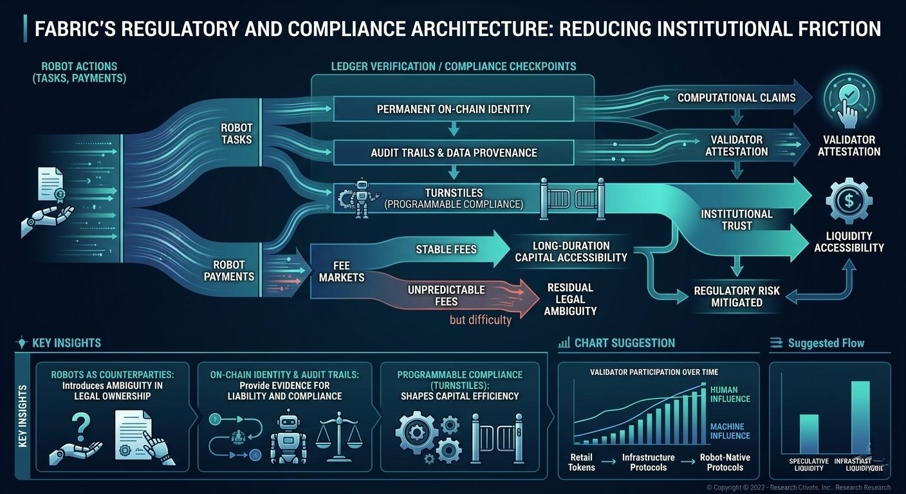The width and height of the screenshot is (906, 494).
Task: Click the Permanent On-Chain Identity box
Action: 453,109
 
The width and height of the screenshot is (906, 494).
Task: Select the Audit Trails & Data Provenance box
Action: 453,153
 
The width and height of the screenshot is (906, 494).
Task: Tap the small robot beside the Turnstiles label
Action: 362,198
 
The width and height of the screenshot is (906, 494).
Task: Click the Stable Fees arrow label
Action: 446,249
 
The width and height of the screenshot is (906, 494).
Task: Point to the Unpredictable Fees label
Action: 446,295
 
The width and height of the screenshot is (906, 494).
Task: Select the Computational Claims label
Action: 736,98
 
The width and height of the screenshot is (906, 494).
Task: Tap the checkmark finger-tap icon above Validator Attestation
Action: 849,100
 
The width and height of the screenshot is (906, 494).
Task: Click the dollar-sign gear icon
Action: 849,201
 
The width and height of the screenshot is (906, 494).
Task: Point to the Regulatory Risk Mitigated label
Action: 736,297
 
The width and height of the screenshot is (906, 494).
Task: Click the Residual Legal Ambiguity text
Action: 570,299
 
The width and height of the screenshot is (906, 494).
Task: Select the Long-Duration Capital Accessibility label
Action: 571,252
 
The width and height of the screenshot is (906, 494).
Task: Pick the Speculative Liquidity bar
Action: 809,434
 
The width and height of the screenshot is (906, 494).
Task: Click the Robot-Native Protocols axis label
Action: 725,462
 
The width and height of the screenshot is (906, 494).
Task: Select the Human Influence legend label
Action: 730,394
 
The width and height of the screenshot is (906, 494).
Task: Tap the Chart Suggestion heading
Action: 624,343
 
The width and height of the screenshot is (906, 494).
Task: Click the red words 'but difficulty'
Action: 480,320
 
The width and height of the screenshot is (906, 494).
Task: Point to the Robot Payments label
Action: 229,270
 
